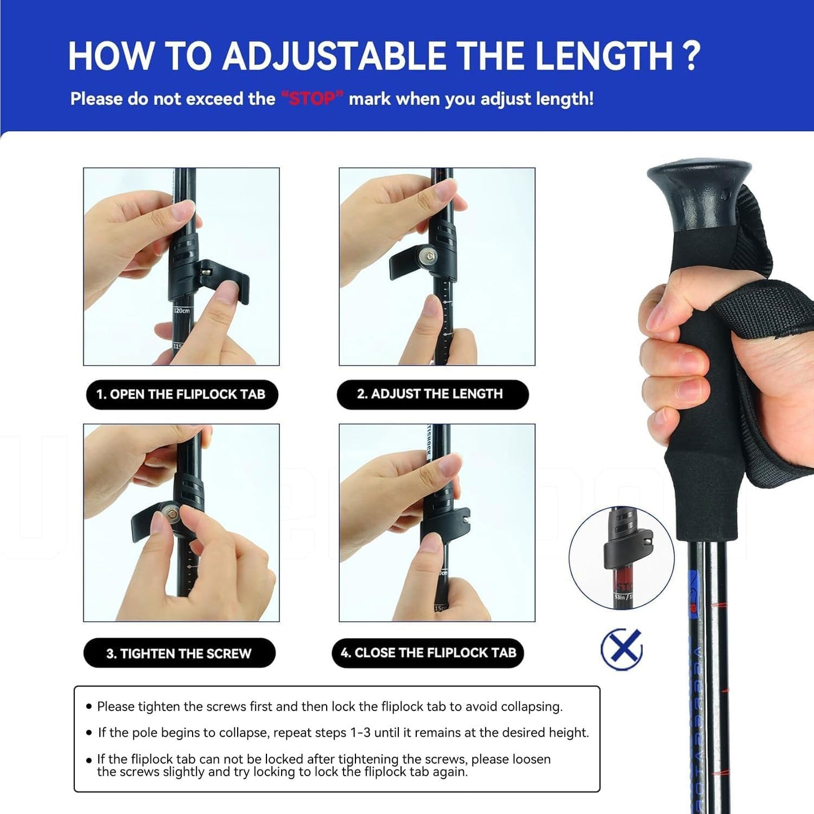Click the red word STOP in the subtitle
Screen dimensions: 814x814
click(x=312, y=99)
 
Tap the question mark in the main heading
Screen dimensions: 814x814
click(x=691, y=56)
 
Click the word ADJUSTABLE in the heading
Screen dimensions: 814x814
click(x=333, y=56)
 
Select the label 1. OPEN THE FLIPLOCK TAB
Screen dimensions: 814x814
click(x=181, y=394)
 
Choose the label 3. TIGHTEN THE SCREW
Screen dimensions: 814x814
click(x=179, y=653)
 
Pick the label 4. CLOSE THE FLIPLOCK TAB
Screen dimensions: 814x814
click(x=428, y=653)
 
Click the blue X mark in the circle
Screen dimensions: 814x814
click(x=621, y=648)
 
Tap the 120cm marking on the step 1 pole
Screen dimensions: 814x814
click(x=181, y=311)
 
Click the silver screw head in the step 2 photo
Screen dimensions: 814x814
click(x=431, y=257)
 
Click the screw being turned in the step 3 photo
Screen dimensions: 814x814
click(x=168, y=513)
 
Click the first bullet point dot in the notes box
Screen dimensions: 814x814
click(x=89, y=706)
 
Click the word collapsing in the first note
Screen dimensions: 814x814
click(x=531, y=706)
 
